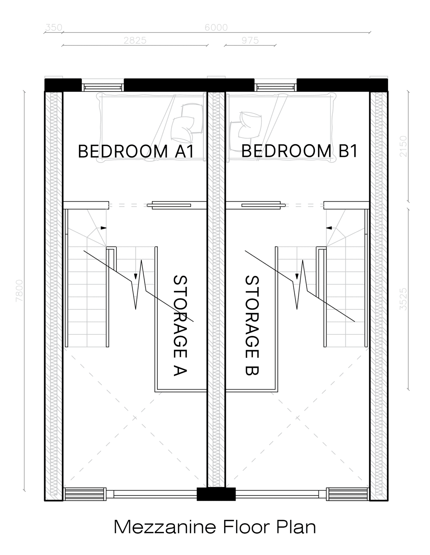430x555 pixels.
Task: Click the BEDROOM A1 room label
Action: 136,151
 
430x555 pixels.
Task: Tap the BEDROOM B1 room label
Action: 299,151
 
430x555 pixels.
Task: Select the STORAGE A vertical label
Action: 180,325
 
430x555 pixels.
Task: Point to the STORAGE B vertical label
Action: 252,325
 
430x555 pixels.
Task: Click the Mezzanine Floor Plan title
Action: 215,526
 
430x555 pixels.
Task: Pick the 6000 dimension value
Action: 216,27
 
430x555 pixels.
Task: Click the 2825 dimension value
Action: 135,40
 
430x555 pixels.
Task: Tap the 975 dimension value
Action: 250,40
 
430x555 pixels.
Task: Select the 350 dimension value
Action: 54,27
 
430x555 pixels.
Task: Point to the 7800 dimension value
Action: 20,291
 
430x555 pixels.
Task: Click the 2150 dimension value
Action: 403,146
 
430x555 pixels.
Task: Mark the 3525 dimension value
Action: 403,299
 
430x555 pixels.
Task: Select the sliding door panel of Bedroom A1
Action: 169,205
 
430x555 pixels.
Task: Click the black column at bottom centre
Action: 216,494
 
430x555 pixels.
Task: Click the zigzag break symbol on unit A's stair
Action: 139,285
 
